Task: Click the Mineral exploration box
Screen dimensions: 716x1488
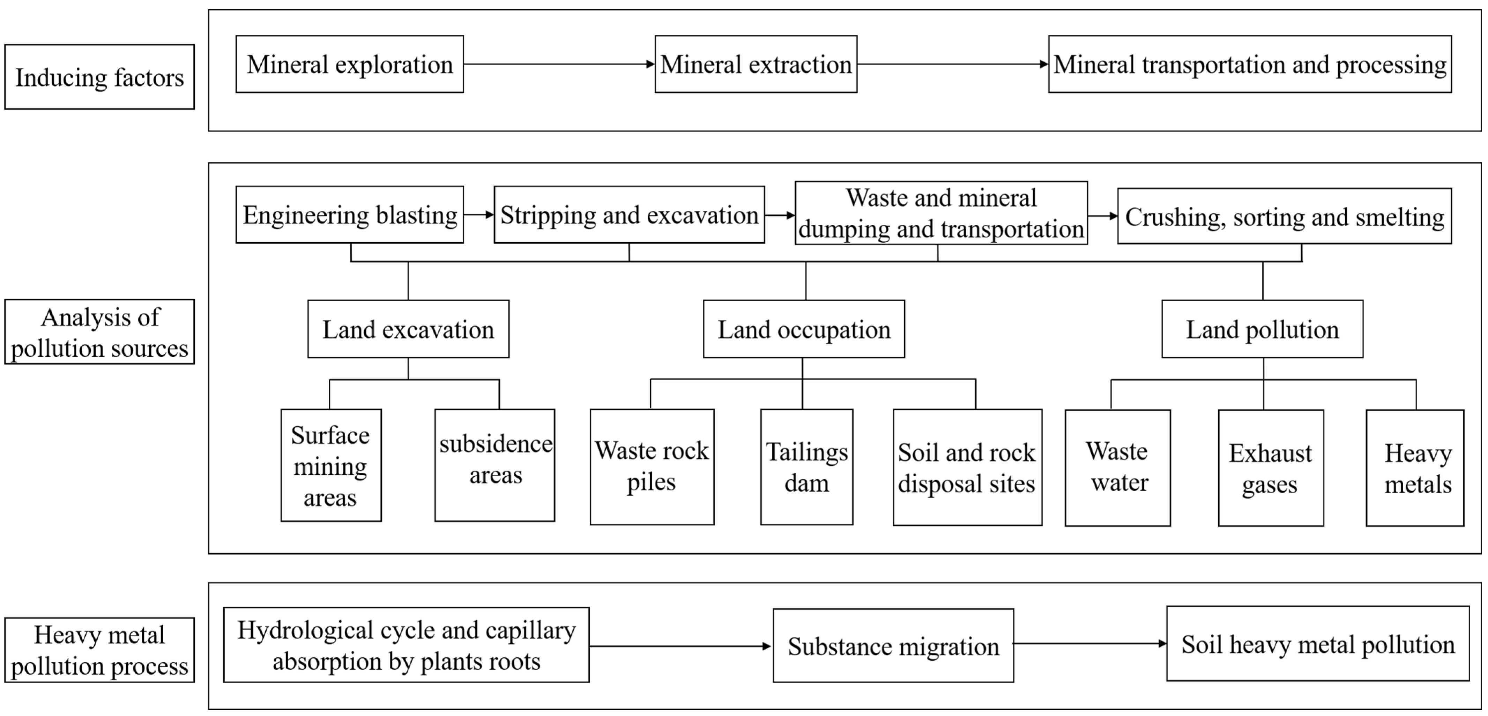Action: [x=349, y=64]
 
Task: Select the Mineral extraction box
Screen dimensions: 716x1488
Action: [x=756, y=64]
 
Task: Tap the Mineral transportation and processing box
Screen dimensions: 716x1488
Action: [x=1249, y=64]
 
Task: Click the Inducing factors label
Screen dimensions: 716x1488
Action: [x=99, y=77]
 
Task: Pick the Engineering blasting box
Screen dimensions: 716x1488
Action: [x=349, y=214]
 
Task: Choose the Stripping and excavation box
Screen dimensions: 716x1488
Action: [x=629, y=214]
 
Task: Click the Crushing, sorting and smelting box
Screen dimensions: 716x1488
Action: [x=1284, y=216]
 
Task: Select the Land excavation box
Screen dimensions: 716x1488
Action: [x=408, y=329]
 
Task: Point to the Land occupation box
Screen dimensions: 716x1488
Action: [x=803, y=329]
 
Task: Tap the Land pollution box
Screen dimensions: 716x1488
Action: [x=1262, y=329]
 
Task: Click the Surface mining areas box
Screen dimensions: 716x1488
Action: [x=330, y=465]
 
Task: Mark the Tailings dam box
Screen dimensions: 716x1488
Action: [x=806, y=467]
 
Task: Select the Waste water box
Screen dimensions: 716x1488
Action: [x=1117, y=467]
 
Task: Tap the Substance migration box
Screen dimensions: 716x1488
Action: [x=893, y=645]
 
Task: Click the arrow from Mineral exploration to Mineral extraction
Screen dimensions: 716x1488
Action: [x=559, y=64]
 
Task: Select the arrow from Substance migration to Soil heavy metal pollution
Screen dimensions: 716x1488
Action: [x=1089, y=643]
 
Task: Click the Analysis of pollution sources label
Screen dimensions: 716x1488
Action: [x=99, y=332]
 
